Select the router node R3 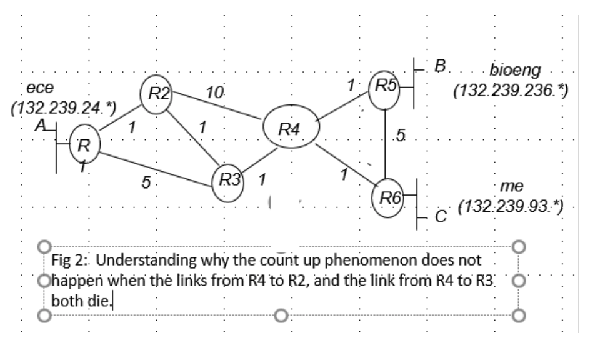click(x=226, y=182)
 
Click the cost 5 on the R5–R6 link click(x=400, y=134)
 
